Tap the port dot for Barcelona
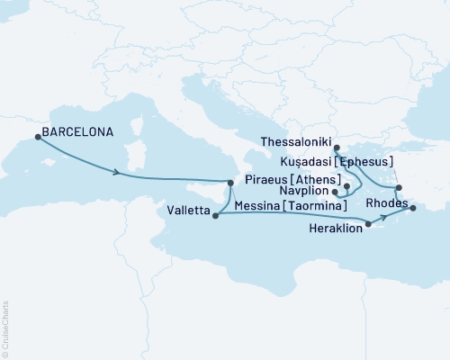click(38, 137)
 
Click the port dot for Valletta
click(214, 214)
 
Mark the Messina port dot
click(230, 184)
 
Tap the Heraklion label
click(337, 229)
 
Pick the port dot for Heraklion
click(368, 223)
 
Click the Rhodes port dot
click(413, 209)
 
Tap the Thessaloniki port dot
click(337, 148)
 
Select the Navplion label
click(304, 191)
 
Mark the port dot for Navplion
click(334, 192)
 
